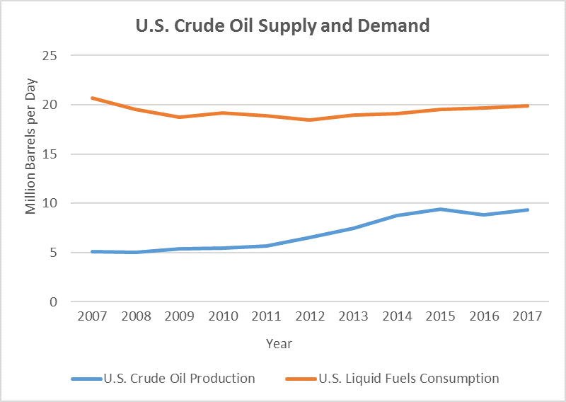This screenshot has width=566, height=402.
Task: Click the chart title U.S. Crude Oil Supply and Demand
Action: coord(282,27)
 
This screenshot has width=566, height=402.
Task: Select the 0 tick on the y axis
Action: coord(53,302)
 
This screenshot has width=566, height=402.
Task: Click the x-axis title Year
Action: coord(279,344)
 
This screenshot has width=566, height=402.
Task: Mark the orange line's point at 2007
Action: coord(93,98)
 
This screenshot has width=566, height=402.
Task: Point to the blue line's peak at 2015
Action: coord(441,209)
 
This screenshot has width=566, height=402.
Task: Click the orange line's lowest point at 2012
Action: coord(310,120)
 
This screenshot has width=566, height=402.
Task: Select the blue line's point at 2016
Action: coord(484,214)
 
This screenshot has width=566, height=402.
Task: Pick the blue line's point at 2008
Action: coord(136,252)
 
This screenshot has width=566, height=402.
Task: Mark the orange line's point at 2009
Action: coord(180,117)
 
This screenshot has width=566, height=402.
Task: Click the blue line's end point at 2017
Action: coord(528,209)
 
